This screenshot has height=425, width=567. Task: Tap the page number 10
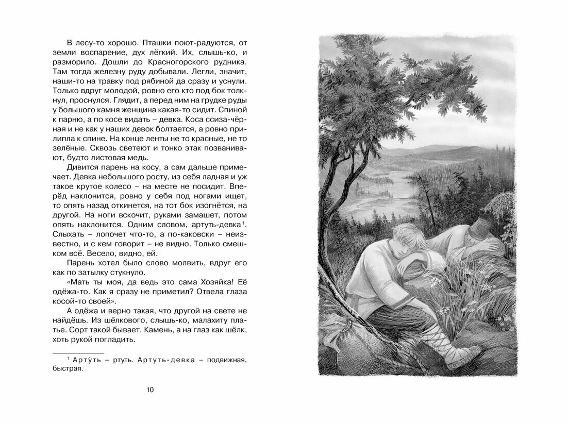150,389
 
